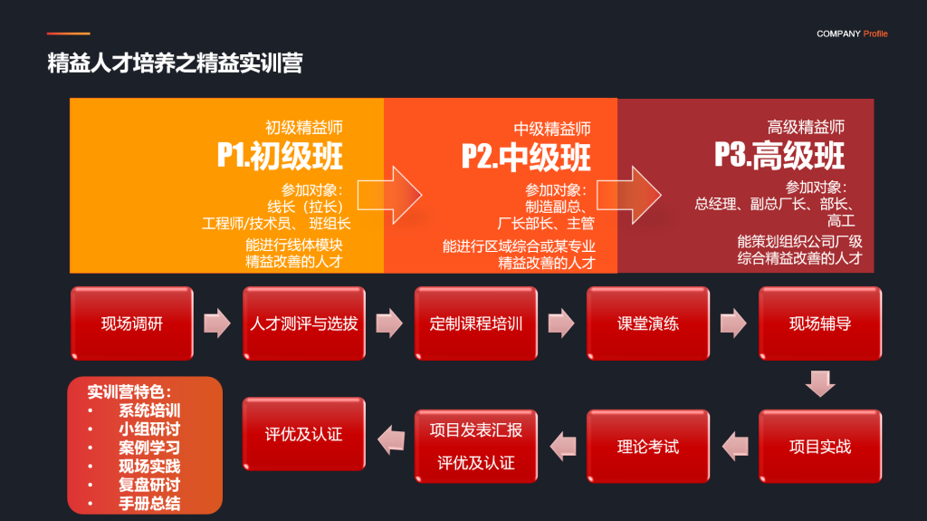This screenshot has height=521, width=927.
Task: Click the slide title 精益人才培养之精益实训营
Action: coord(175,63)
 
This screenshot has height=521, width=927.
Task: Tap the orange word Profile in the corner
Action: coord(875,34)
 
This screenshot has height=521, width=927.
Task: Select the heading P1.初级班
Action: coord(280,156)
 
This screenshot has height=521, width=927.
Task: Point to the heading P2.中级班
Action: coord(526,158)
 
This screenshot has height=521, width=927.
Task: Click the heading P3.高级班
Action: coord(779,156)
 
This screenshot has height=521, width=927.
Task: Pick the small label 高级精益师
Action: coord(806,127)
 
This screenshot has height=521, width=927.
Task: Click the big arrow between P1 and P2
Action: coord(389,195)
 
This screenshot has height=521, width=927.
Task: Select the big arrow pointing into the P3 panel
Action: coord(629,195)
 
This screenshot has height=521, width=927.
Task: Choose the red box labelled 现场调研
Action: coord(132,323)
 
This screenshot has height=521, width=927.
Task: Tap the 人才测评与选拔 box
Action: coord(304,323)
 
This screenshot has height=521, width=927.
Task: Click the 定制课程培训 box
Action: coord(476,323)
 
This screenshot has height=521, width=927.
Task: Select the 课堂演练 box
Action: coord(648,323)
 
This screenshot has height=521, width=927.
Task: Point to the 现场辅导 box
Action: coord(820,323)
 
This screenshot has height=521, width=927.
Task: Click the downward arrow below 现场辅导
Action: coord(820,383)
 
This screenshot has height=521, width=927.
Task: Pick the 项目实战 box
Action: coord(820,447)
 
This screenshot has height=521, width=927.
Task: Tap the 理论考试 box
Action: coord(648,447)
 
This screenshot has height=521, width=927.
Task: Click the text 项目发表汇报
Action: coord(476,430)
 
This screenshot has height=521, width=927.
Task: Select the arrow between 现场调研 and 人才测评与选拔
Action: coord(217,323)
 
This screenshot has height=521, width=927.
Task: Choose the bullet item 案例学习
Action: coord(149,448)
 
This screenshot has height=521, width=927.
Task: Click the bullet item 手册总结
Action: coord(149,504)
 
